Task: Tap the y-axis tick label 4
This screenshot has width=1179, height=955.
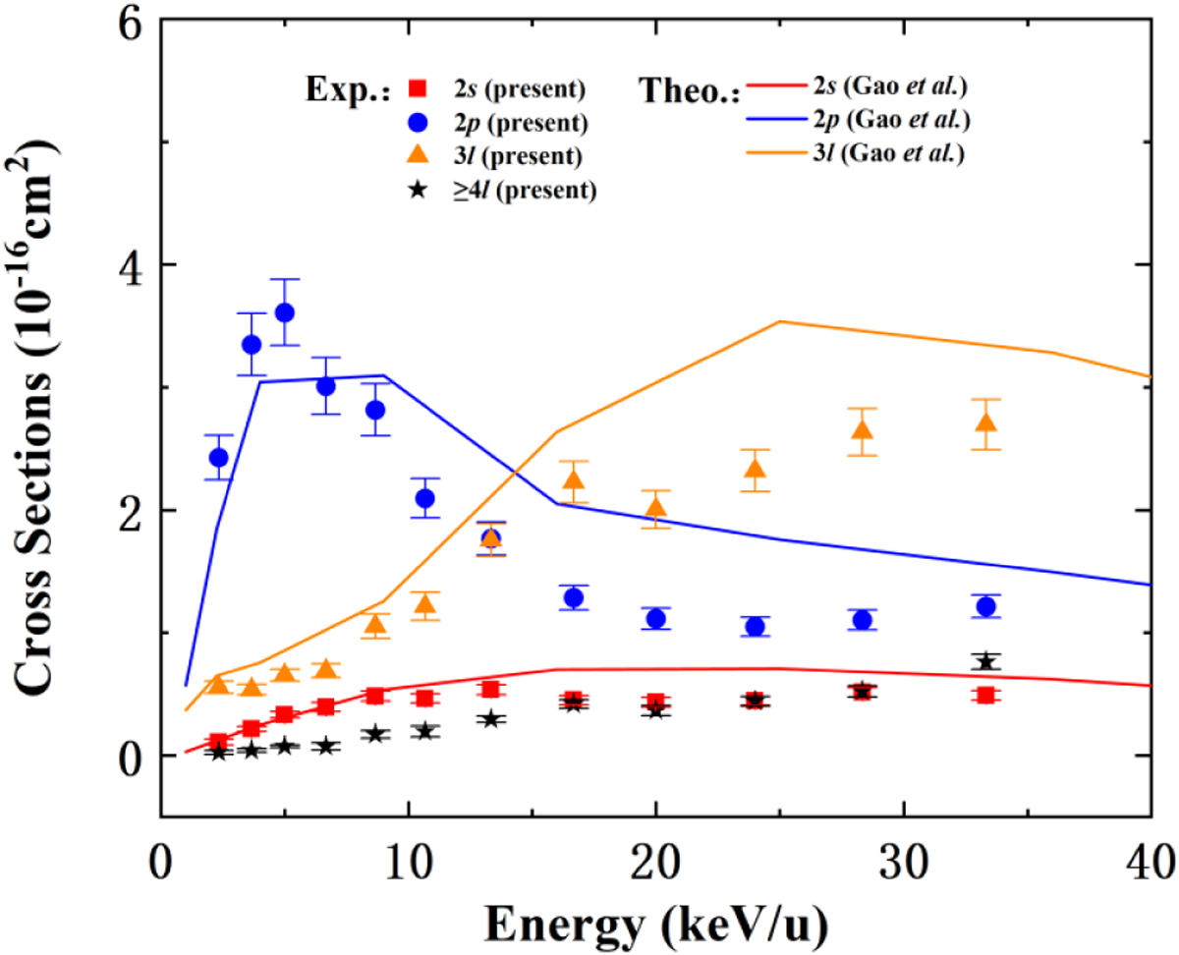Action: pyautogui.click(x=128, y=265)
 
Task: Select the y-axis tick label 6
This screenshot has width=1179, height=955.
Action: pyautogui.click(x=128, y=22)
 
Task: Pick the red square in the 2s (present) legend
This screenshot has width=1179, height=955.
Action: pyautogui.click(x=417, y=89)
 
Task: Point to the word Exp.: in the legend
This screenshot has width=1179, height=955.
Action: pyautogui.click(x=347, y=91)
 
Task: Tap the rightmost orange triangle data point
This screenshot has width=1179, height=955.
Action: pyautogui.click(x=986, y=423)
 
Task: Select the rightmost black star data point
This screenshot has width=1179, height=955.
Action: pyautogui.click(x=986, y=661)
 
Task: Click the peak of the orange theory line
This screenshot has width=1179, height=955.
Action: pyautogui.click(x=779, y=321)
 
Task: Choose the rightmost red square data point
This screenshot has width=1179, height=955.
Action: pyautogui.click(x=986, y=695)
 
